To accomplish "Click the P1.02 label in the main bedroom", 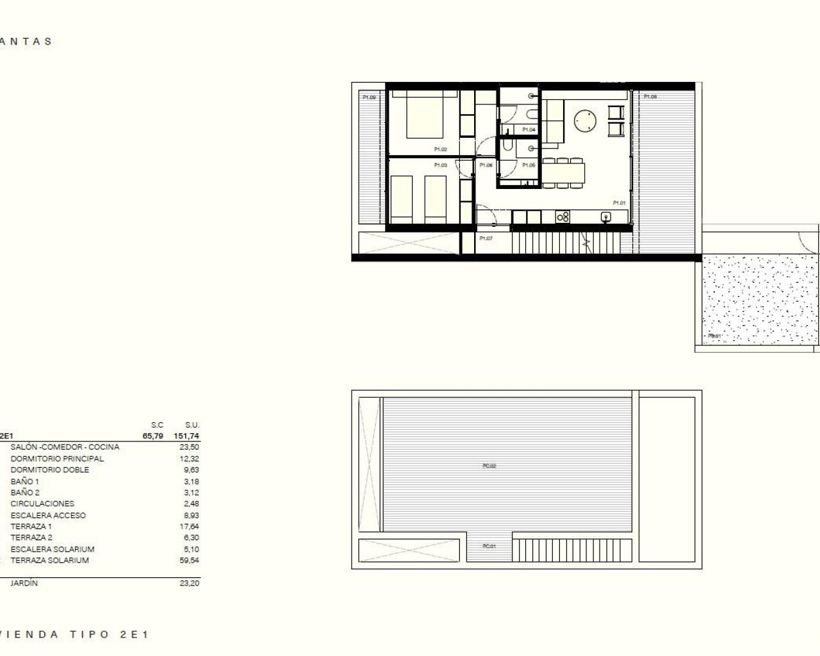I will (440, 149).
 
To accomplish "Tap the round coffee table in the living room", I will (585, 121).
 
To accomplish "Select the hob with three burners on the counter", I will (563, 218).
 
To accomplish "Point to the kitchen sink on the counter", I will (605, 218).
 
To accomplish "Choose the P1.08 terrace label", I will (650, 97).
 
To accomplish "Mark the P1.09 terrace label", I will (369, 98).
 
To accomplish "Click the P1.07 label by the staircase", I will (486, 238).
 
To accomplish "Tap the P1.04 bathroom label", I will (529, 130).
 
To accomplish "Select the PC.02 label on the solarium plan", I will (489, 466).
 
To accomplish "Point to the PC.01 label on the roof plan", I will (489, 546).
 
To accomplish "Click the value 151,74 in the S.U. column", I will (186, 436).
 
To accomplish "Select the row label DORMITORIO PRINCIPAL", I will (57, 459).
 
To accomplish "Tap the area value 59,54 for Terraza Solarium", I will (191, 560).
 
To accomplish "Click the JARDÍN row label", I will (24, 584).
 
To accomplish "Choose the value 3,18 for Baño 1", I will (191, 481).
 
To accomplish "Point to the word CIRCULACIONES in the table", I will (42, 504).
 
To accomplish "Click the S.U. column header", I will (192, 425).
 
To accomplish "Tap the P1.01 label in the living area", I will (619, 203).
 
